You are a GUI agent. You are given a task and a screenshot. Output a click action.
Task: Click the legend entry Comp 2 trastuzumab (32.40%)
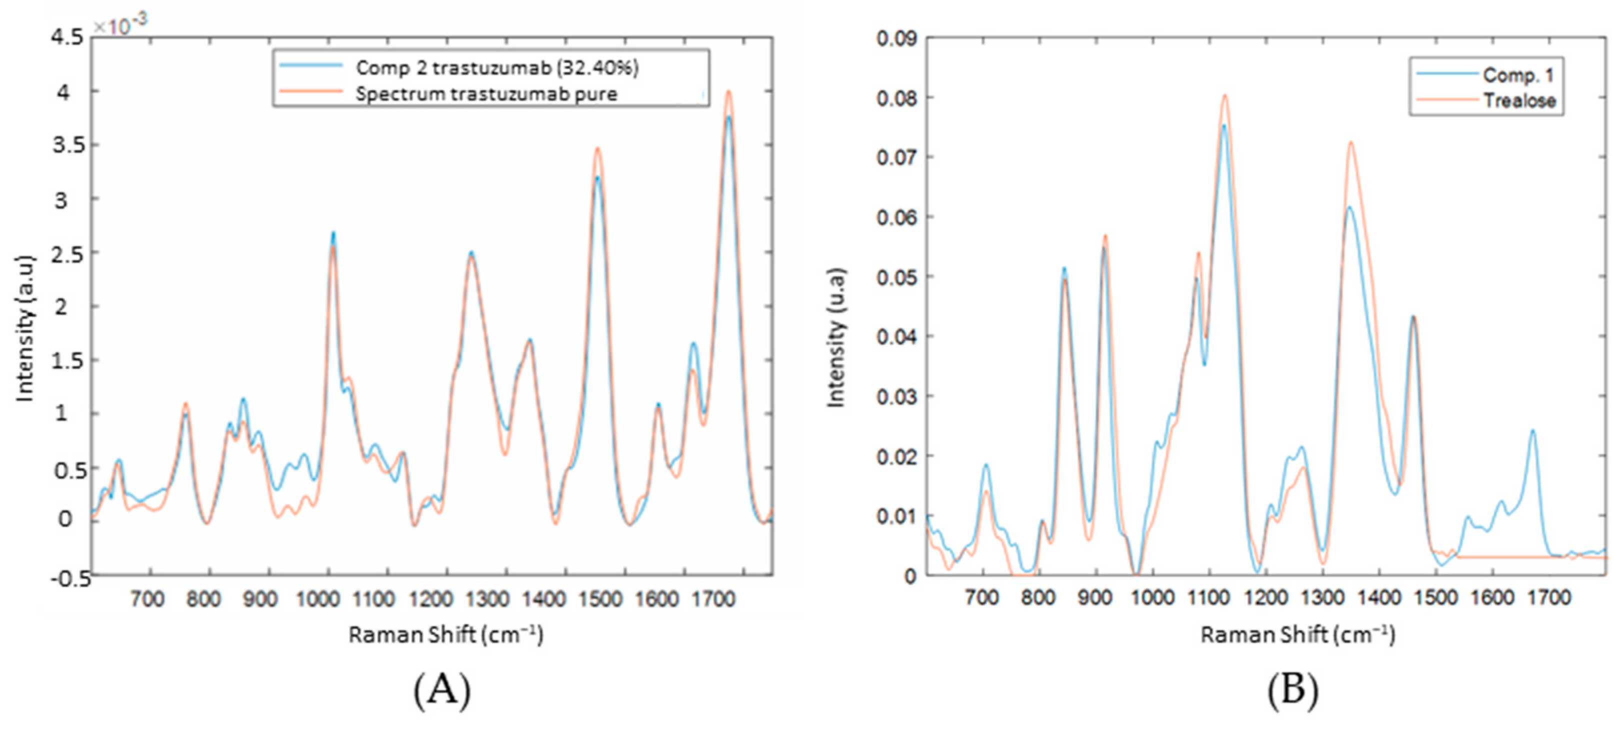click(x=496, y=68)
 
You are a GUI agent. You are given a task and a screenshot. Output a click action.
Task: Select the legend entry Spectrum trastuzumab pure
click(x=485, y=94)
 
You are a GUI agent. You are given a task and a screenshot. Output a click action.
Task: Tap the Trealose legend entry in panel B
click(x=1518, y=100)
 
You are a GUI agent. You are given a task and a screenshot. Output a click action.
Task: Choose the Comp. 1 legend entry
click(x=1517, y=75)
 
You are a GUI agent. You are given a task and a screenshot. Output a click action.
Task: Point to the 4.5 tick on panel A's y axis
click(x=67, y=38)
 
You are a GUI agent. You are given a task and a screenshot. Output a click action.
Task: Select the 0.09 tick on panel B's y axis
click(x=896, y=39)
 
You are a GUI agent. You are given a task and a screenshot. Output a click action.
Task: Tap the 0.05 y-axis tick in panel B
click(x=896, y=277)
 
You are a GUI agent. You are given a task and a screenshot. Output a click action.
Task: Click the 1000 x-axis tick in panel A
click(x=318, y=599)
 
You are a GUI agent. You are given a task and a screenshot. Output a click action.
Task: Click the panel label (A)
click(x=442, y=690)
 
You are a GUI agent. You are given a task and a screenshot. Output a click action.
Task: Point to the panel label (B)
click(x=1292, y=690)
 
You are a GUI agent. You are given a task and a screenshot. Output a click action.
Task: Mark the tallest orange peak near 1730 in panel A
click(x=728, y=91)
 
